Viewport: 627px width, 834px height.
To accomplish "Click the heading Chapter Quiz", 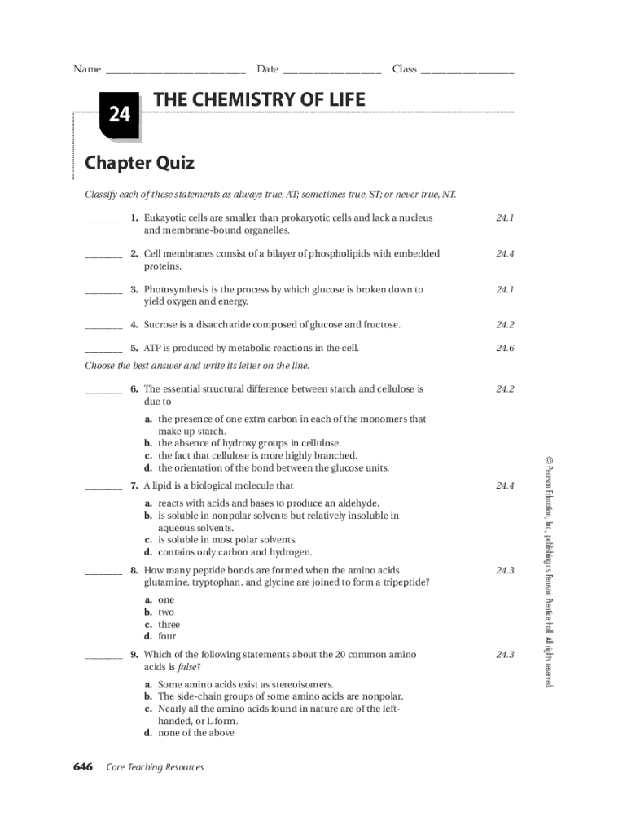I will pyautogui.click(x=140, y=163).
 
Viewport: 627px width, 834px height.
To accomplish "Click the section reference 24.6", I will pyautogui.click(x=506, y=349).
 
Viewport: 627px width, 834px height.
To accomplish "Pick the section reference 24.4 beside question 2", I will pyautogui.click(x=506, y=254).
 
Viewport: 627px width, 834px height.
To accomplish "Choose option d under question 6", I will pyautogui.click(x=267, y=468).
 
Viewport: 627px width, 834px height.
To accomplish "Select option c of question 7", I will pyautogui.click(x=226, y=540).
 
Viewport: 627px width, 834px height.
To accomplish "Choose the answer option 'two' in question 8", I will pyautogui.click(x=166, y=612).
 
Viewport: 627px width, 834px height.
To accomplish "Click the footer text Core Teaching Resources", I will pyautogui.click(x=155, y=767).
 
